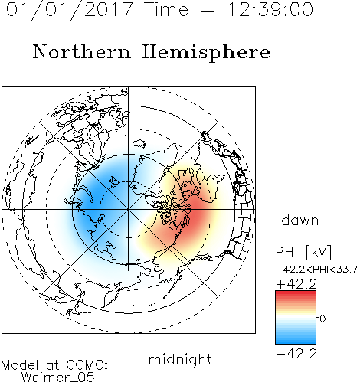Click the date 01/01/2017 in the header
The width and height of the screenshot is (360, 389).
[x=70, y=10]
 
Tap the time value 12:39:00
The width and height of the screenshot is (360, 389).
[x=270, y=10]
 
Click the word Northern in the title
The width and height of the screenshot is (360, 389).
[x=82, y=51]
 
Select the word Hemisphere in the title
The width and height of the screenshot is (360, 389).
[x=206, y=53]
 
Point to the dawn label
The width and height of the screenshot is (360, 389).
[x=300, y=221]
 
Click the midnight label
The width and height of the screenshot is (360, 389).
[x=180, y=360]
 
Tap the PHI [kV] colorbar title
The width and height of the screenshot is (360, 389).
[x=303, y=252]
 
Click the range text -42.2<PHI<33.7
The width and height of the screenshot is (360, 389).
[x=316, y=270]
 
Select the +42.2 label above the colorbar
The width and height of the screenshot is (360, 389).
[x=296, y=284]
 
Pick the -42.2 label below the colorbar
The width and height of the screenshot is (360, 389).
[x=296, y=354]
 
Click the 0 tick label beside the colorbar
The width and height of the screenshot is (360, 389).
[x=322, y=319]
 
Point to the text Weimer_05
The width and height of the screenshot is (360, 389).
[x=58, y=377]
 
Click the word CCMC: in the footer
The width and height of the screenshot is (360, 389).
[x=87, y=365]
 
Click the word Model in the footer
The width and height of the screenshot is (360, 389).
[x=20, y=365]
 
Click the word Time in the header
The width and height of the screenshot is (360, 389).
[x=166, y=10]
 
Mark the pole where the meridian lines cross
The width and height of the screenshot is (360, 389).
[x=129, y=210]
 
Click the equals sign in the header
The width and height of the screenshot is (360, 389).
[x=208, y=10]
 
